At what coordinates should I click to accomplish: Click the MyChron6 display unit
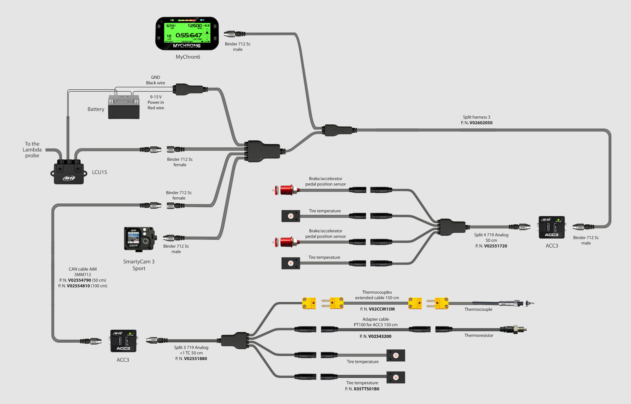coord(187,34)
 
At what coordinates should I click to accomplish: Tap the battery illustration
coord(124,107)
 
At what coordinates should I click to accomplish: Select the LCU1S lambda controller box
coord(69,172)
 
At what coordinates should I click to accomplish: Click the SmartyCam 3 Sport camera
coord(139,239)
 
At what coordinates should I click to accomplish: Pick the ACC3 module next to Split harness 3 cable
coord(552,228)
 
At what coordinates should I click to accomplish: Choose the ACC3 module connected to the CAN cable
coord(123,341)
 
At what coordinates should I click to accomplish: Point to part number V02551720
coord(496,246)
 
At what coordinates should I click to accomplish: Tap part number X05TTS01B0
coord(366,389)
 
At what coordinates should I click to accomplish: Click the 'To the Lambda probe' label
coord(32,150)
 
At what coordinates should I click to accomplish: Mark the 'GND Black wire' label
coord(155,80)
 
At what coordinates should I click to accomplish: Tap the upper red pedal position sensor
coord(286,190)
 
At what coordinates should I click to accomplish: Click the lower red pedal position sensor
coord(286,242)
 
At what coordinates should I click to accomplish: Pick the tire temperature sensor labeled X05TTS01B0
coord(396,377)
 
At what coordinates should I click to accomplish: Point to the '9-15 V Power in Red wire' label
coord(156,102)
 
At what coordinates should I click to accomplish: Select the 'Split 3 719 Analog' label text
coord(191,348)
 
